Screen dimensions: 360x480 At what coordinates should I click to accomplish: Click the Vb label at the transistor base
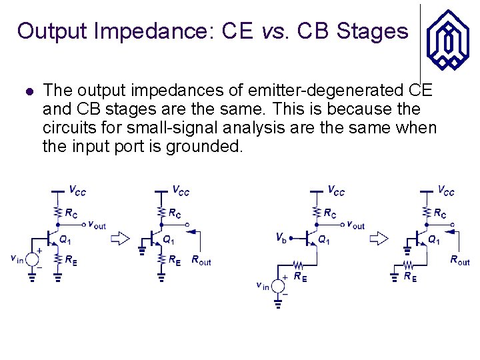283,237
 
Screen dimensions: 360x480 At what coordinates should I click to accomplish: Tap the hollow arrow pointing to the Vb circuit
120,238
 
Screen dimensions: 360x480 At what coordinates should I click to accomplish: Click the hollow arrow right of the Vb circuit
380,238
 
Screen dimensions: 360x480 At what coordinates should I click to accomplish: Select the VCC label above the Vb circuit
336,191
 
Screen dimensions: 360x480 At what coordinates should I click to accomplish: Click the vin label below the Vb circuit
263,285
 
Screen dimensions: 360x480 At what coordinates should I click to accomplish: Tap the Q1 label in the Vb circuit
323,240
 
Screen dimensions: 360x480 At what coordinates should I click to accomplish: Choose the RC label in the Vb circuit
330,214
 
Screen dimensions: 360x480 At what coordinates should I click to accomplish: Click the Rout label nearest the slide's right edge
459,261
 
